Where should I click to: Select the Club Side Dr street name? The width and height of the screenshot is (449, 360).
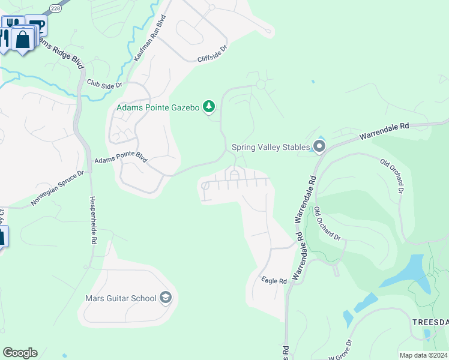coord(104,84)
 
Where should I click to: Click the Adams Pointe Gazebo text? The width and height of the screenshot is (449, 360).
coord(157,107)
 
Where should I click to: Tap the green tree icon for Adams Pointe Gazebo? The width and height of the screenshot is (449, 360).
coord(208,107)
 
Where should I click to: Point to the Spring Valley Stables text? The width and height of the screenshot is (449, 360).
coord(271,146)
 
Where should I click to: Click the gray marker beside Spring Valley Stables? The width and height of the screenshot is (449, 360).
coord(319,146)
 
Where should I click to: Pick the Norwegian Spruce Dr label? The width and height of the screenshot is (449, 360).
coord(58,187)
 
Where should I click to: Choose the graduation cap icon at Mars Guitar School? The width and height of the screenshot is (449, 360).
coord(166,298)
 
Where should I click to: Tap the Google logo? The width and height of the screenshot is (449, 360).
coord(20,352)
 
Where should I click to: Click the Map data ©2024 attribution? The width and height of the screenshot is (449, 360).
coord(423,355)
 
